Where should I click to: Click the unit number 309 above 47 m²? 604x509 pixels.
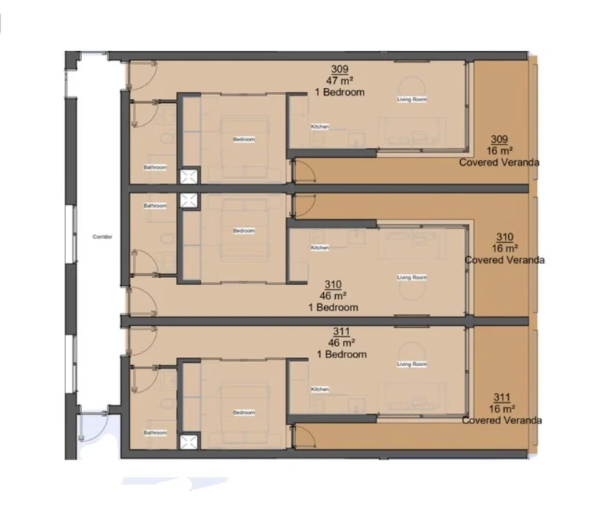(x=340, y=69)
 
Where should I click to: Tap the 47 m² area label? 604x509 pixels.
(x=340, y=80)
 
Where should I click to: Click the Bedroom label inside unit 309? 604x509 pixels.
(x=244, y=140)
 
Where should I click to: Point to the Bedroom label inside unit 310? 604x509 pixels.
(x=244, y=231)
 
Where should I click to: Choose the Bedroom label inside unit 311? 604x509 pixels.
(x=244, y=412)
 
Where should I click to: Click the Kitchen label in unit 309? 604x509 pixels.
(x=319, y=127)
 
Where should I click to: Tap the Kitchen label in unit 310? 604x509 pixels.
(x=319, y=247)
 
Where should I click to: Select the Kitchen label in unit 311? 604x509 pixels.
(x=319, y=390)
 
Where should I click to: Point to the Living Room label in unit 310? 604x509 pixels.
(x=411, y=277)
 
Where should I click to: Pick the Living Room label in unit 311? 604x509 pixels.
(x=411, y=364)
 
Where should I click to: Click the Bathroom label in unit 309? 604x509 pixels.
(x=155, y=167)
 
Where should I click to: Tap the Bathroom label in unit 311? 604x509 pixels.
(x=155, y=433)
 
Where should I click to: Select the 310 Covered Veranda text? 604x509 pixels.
(x=505, y=247)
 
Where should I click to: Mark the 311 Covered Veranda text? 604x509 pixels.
(x=502, y=408)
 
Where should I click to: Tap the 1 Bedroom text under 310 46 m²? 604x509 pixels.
(x=334, y=307)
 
